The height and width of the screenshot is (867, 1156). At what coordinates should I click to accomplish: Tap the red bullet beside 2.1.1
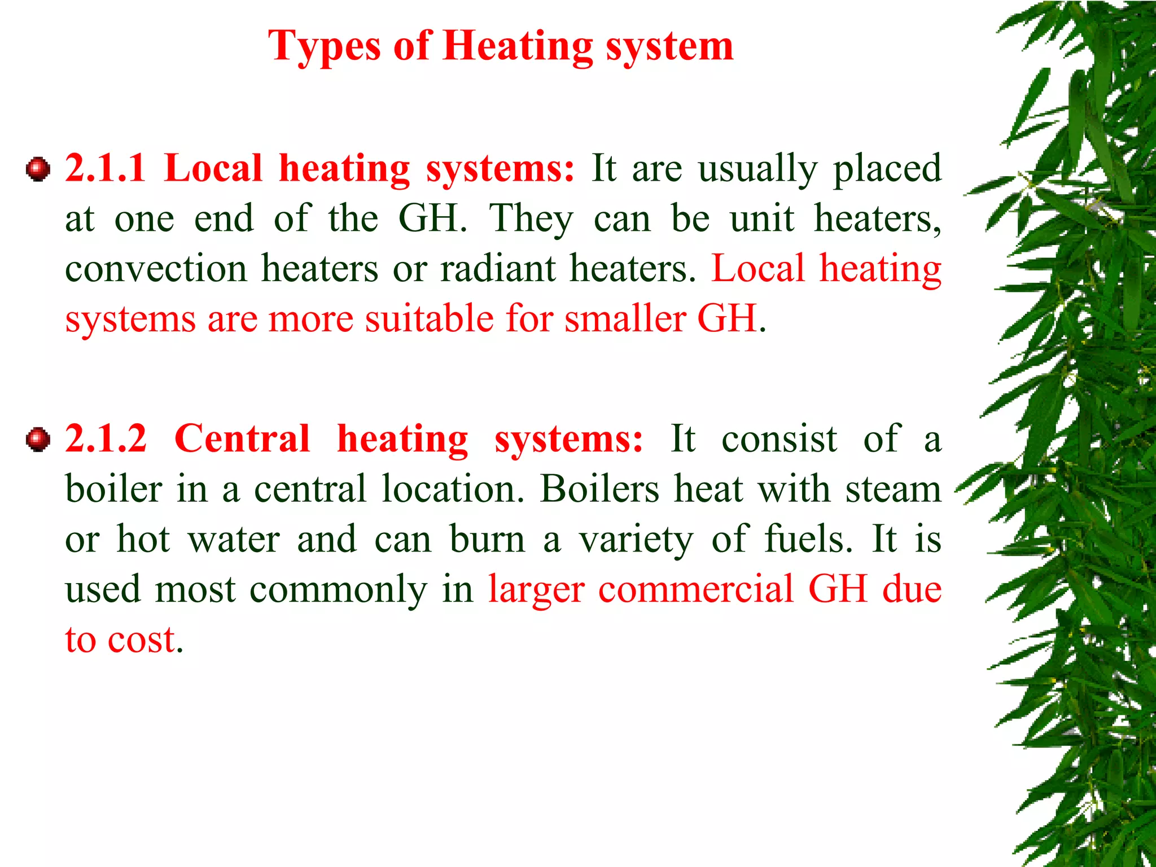click(x=38, y=169)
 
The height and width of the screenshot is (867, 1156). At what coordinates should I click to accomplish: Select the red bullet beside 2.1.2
click(x=38, y=439)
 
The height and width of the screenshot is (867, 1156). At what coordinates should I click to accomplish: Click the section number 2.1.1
click(x=106, y=168)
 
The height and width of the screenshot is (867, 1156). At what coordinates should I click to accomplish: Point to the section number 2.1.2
click(x=106, y=439)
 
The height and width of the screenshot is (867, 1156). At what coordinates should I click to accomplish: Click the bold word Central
click(x=242, y=439)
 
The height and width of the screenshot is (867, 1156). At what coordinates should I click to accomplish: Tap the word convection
click(x=156, y=268)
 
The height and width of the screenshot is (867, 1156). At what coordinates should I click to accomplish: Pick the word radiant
click(x=498, y=268)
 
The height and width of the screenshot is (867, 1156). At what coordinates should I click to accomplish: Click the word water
click(x=234, y=539)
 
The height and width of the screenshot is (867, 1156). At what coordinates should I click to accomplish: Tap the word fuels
click(x=808, y=539)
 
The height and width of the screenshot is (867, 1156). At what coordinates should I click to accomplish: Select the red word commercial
click(x=696, y=589)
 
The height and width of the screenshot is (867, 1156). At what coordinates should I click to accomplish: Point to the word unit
click(x=762, y=218)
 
